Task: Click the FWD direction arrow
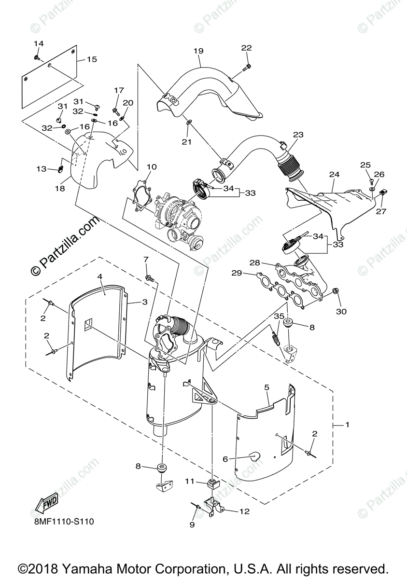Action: pyautogui.click(x=45, y=505)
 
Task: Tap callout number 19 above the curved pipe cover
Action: pyautogui.click(x=198, y=51)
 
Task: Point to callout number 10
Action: pyautogui.click(x=152, y=167)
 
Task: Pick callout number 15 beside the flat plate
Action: pyautogui.click(x=92, y=59)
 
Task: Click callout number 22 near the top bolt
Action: pyautogui.click(x=246, y=47)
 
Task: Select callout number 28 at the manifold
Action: pyautogui.click(x=254, y=263)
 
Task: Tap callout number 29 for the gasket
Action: pyautogui.click(x=236, y=274)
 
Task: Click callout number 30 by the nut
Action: pyautogui.click(x=341, y=311)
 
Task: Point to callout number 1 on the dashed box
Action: pyautogui.click(x=347, y=425)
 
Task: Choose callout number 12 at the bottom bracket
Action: pyautogui.click(x=244, y=511)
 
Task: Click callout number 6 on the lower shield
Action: pyautogui.click(x=225, y=459)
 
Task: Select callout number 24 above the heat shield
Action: pyautogui.click(x=335, y=174)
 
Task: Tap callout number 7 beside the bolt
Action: pyautogui.click(x=145, y=260)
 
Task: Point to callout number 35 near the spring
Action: pyautogui.click(x=279, y=316)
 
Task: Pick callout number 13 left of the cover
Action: pyautogui.click(x=42, y=169)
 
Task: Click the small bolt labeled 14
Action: pyautogui.click(x=38, y=57)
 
